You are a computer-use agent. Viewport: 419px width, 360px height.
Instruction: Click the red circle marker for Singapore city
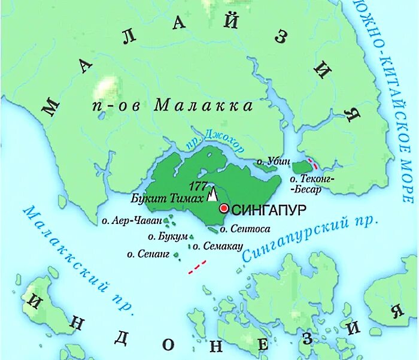point(224,208)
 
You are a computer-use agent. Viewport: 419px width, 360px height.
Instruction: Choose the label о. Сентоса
point(245,228)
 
